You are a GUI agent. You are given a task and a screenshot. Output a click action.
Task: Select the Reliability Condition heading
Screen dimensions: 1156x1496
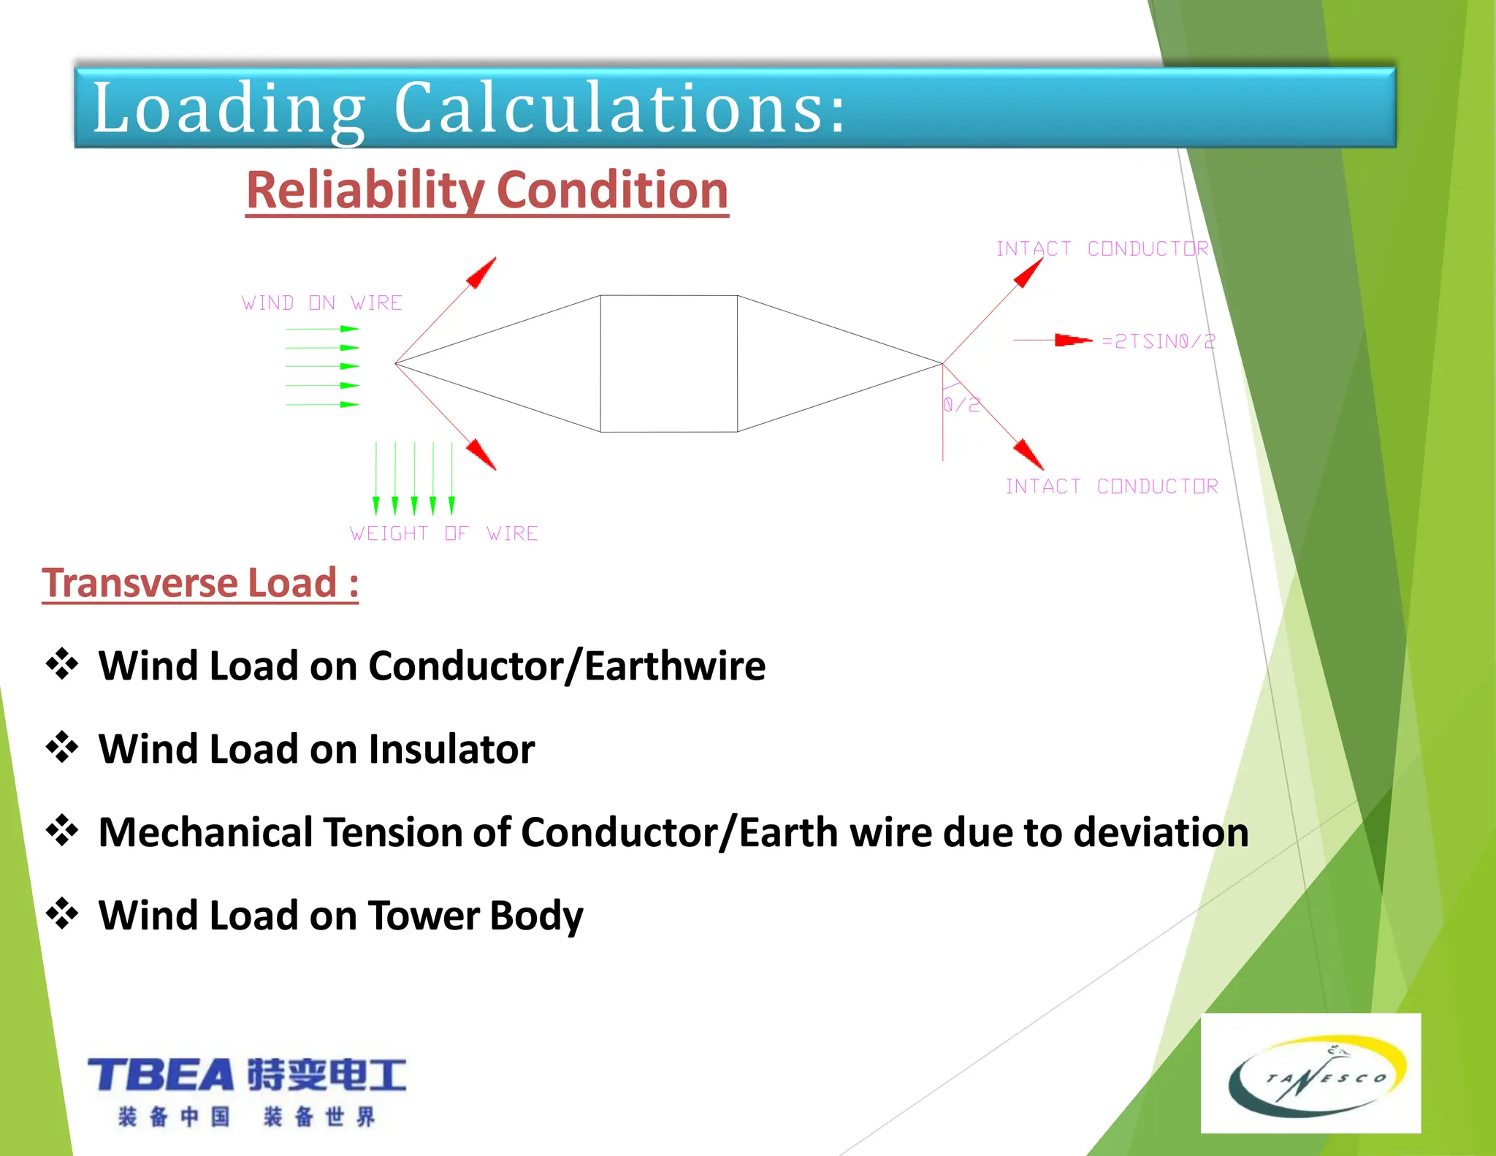click(x=487, y=190)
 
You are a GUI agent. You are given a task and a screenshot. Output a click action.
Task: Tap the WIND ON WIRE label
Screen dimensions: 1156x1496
click(x=322, y=303)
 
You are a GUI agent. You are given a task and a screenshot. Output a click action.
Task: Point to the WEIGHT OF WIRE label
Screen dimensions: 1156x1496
click(x=443, y=533)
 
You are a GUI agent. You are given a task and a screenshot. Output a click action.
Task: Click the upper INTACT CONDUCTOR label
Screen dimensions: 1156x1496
click(x=1102, y=248)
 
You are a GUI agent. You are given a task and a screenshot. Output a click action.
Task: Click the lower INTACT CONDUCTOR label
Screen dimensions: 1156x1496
click(x=1112, y=486)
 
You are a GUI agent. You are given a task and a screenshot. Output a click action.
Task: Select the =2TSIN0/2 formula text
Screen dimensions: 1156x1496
click(x=1159, y=341)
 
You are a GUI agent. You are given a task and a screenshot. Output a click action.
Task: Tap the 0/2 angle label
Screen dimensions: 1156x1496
click(x=961, y=405)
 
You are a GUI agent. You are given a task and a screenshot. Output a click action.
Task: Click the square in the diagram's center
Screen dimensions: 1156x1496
click(x=668, y=363)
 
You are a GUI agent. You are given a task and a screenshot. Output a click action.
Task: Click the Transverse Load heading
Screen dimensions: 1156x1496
click(x=200, y=583)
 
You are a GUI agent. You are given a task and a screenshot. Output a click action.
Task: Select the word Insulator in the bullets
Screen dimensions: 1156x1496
click(x=451, y=749)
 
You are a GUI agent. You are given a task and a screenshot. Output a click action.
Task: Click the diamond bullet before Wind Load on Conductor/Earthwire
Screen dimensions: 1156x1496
click(x=62, y=664)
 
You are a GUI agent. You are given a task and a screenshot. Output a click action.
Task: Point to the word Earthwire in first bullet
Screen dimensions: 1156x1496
click(x=675, y=666)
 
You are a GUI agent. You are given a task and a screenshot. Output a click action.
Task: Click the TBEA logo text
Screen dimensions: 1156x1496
click(x=161, y=1075)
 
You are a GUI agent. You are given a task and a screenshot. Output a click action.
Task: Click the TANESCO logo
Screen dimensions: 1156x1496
click(x=1310, y=1073)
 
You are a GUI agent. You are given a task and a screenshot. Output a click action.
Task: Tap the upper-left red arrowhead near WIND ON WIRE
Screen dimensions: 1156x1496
click(x=482, y=273)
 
